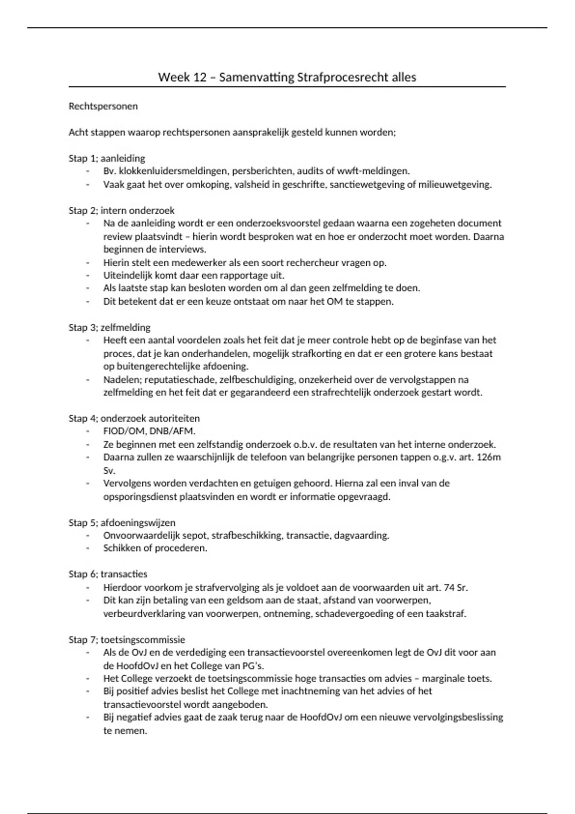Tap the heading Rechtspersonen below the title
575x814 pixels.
(103, 106)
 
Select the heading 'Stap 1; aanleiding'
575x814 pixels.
(107, 158)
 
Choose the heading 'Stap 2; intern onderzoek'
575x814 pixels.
(122, 210)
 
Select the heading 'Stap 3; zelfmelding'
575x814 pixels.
(110, 328)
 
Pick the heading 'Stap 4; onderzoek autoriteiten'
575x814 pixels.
(134, 418)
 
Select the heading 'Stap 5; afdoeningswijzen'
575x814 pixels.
(122, 522)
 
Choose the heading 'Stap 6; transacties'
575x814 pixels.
(108, 574)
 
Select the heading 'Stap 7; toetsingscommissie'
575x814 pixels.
(127, 640)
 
